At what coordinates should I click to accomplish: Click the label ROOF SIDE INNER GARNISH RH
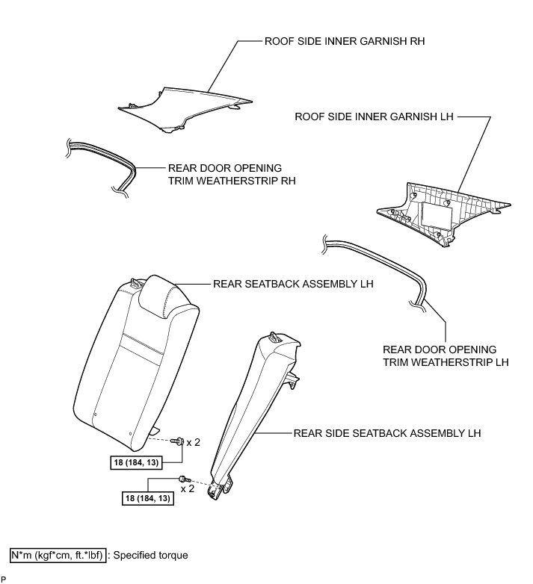pos(344,42)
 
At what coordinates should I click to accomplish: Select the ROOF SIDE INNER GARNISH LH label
pos(375,117)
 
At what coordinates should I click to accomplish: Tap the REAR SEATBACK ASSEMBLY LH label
pos(293,284)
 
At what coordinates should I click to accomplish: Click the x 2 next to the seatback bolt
pos(193,442)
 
